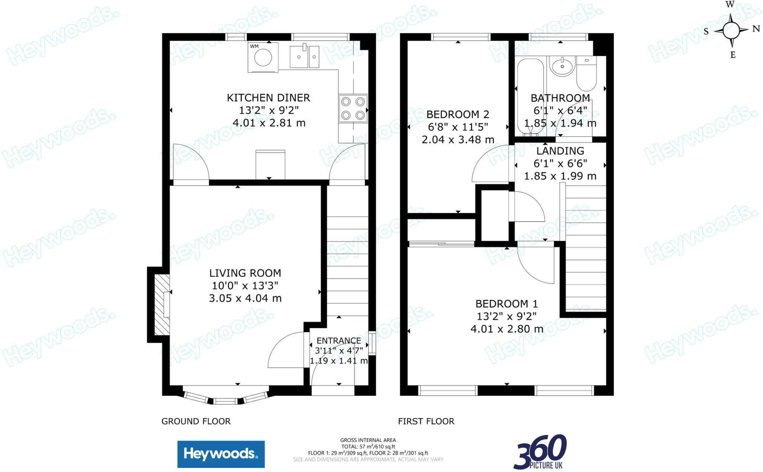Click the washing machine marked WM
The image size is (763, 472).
[263, 57]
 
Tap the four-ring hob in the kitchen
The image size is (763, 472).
[353, 108]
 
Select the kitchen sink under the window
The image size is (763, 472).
[304, 57]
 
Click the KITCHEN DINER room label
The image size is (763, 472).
[268, 98]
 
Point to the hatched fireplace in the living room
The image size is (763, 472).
[162, 305]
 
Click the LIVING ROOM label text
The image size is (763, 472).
[245, 273]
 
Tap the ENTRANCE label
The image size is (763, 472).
[339, 340]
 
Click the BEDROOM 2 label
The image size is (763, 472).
[458, 114]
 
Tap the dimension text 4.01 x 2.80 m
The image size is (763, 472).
[506, 329]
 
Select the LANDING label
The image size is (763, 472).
[560, 151]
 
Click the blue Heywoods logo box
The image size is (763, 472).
[221, 454]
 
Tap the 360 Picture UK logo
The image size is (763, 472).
[540, 452]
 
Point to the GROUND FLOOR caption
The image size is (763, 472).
[196, 421]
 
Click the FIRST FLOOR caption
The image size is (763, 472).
[426, 421]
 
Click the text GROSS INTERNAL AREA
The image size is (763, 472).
[368, 440]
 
